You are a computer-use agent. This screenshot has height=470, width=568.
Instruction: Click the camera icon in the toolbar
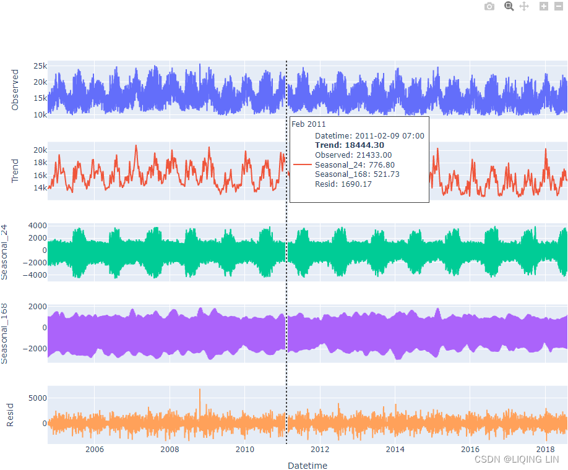click(489, 6)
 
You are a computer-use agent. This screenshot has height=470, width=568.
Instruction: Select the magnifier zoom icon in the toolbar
click(509, 6)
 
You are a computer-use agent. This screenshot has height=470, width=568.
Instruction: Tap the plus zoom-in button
click(544, 6)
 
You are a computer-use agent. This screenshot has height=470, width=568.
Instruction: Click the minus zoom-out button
click(558, 6)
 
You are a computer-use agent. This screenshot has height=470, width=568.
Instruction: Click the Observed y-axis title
click(15, 90)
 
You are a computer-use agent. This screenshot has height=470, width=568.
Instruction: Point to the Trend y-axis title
click(15, 171)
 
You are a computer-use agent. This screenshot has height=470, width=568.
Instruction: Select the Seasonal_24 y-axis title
click(5, 252)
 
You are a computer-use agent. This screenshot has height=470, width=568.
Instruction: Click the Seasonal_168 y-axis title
click(5, 333)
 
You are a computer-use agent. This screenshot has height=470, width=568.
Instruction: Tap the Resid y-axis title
click(10, 415)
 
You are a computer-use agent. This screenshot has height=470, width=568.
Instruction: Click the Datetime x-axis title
click(308, 465)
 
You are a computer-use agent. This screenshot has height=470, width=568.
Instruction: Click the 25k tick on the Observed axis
click(40, 66)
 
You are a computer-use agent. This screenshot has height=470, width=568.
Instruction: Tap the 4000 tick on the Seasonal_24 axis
click(36, 226)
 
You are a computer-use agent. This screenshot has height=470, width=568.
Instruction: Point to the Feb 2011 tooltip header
click(308, 124)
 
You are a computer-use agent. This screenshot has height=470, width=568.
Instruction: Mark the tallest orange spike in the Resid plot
click(200, 390)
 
